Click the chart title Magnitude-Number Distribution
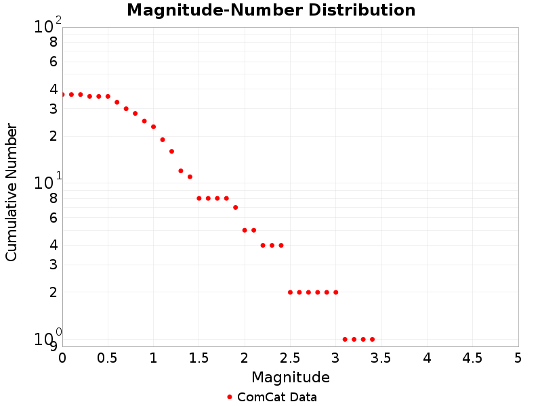[271, 11]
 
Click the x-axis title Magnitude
[290, 377]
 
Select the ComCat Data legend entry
[271, 397]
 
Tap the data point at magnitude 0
[62, 95]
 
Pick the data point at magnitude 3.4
[372, 339]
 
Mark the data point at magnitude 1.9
[235, 207]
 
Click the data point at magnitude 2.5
[290, 292]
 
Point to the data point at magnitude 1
[153, 127]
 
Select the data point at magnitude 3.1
[345, 339]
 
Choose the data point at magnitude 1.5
[199, 198]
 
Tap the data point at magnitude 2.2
[263, 245]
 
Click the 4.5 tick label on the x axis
[472, 357]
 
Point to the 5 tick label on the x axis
[518, 357]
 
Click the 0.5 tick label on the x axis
[108, 357]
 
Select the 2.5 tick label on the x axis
[290, 357]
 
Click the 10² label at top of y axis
[47, 26]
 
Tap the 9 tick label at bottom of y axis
[54, 346]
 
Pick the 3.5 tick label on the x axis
[381, 357]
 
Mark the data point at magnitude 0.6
[117, 102]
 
